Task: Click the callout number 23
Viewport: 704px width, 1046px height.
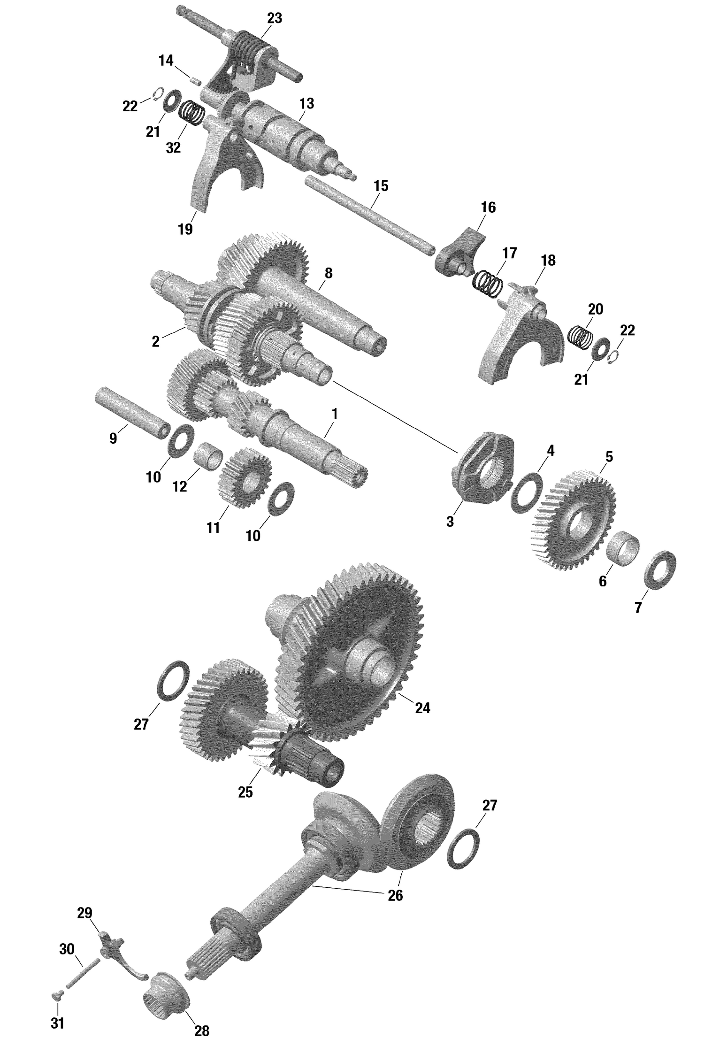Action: pyautogui.click(x=275, y=19)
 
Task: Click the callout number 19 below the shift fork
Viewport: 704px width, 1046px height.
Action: pyautogui.click(x=185, y=229)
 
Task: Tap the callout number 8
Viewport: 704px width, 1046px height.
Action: pyautogui.click(x=328, y=273)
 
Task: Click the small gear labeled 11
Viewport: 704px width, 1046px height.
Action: pyautogui.click(x=244, y=478)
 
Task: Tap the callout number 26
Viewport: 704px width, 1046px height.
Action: pyautogui.click(x=395, y=895)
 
